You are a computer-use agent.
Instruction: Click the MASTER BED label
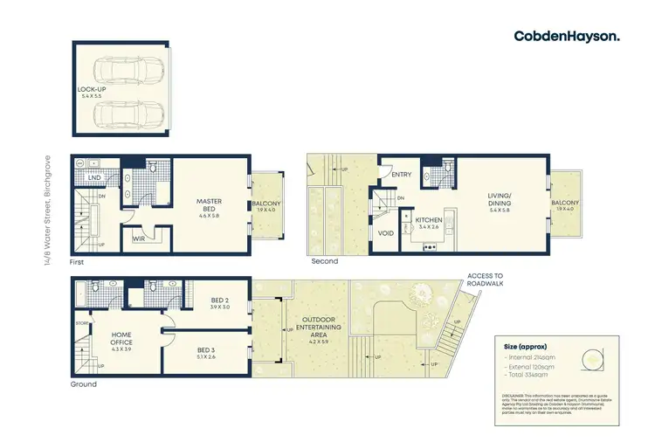tap(210, 206)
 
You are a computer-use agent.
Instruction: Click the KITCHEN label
tap(431, 219)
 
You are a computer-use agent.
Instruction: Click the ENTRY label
tap(402, 175)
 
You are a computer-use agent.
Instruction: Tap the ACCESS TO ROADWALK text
tap(485, 280)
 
